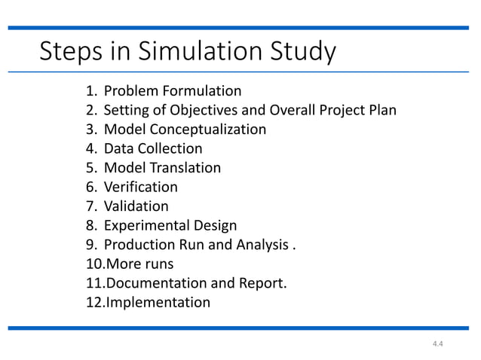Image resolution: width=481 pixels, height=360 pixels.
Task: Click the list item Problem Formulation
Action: (172, 91)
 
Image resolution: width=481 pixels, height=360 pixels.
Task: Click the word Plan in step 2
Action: (381, 111)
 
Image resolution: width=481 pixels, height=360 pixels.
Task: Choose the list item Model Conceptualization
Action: (185, 130)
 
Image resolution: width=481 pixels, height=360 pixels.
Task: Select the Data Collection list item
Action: (153, 149)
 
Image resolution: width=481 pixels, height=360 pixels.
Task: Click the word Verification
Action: (141, 187)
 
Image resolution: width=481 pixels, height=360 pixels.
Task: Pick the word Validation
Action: (136, 206)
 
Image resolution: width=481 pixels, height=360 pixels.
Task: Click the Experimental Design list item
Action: (170, 225)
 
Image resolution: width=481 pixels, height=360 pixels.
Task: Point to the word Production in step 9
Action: (136, 245)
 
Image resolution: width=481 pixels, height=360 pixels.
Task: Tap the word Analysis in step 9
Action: (259, 245)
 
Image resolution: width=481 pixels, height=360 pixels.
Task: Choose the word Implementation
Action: (158, 303)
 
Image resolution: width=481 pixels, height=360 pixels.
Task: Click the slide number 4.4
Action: (437, 344)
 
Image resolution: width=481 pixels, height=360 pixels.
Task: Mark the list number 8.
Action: (90, 225)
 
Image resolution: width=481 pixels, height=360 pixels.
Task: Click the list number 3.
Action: (90, 130)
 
